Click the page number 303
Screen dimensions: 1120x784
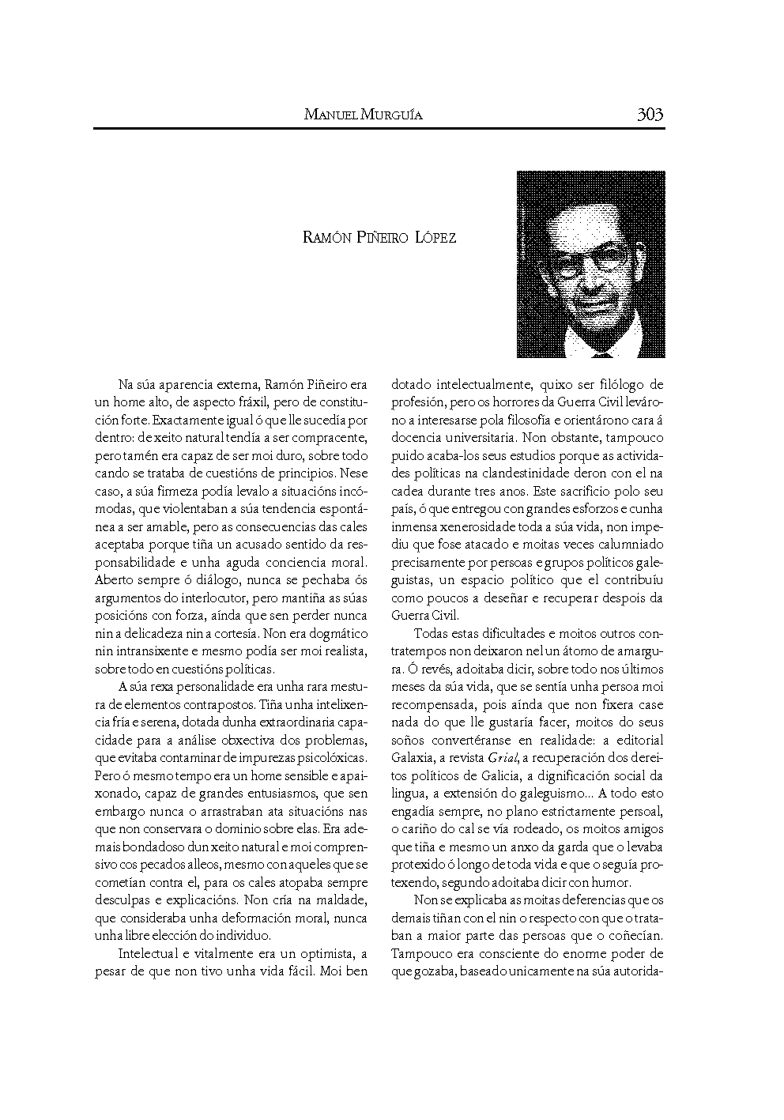tap(650, 115)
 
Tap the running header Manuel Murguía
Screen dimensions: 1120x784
tap(363, 115)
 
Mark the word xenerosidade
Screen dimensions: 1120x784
tap(467, 526)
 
